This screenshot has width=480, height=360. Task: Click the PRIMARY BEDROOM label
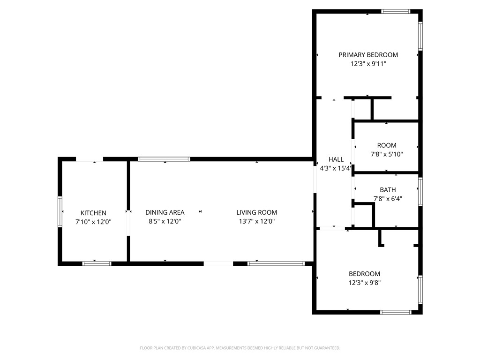(368, 55)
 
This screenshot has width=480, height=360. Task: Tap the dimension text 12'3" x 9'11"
(368, 64)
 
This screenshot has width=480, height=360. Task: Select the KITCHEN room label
(93, 213)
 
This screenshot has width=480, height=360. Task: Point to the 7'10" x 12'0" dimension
(93, 222)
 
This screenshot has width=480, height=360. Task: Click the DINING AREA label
(165, 212)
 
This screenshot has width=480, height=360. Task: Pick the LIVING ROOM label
(256, 212)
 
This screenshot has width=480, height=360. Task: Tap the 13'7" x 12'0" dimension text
(256, 221)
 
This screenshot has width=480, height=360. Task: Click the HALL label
(336, 159)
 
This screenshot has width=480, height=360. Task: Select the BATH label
(388, 190)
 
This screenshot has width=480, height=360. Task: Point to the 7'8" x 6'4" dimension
(388, 199)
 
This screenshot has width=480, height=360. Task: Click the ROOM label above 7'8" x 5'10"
(387, 145)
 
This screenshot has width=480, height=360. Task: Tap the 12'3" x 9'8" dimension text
(364, 283)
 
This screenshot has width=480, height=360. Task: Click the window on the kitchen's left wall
(60, 211)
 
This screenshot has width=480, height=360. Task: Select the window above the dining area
(164, 159)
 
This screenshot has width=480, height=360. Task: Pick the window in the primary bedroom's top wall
(396, 12)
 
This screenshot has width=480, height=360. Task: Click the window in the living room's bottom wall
(276, 263)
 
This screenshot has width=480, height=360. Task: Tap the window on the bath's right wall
(420, 192)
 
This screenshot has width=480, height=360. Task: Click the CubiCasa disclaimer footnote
(240, 348)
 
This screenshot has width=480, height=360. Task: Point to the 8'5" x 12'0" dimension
(165, 221)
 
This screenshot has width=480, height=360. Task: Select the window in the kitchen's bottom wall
(97, 263)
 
